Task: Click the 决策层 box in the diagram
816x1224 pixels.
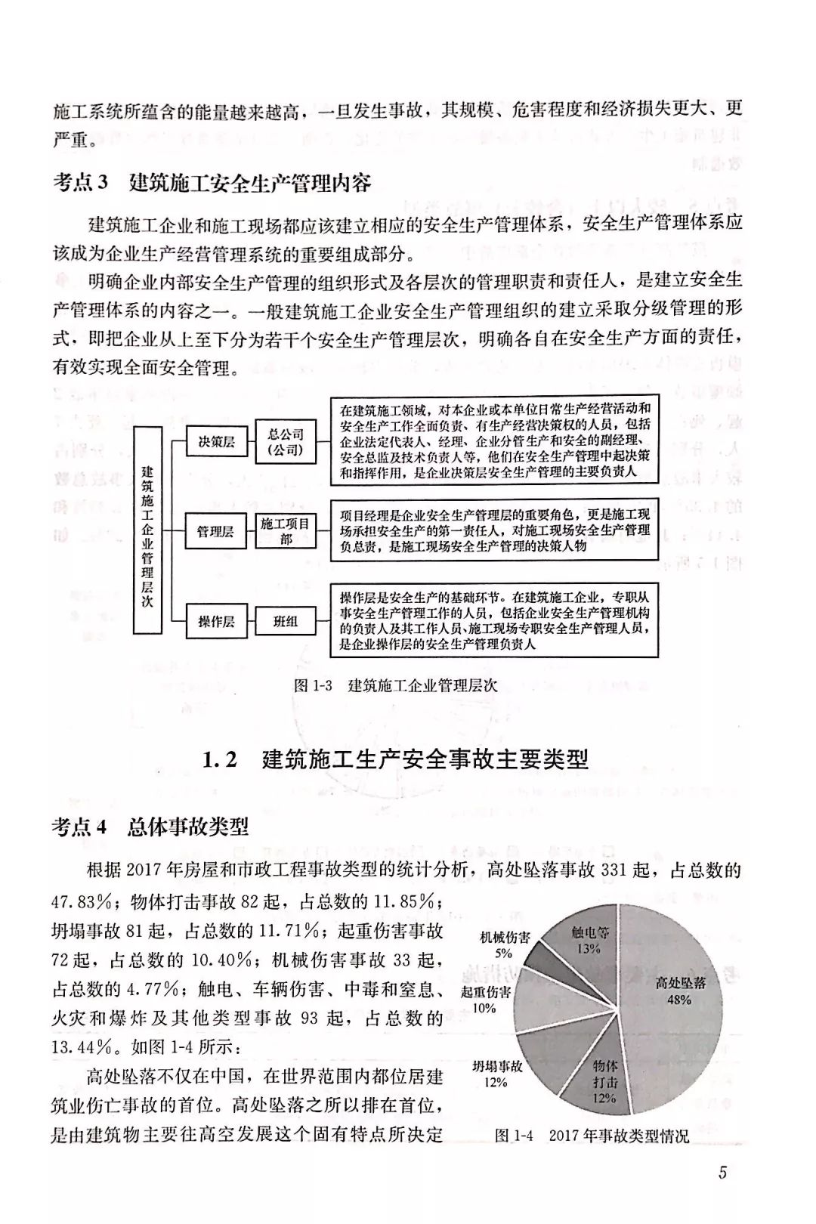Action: [216, 442]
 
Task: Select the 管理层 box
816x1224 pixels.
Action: [216, 532]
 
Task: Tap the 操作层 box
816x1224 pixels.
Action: [216, 622]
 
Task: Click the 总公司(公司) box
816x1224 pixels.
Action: [286, 442]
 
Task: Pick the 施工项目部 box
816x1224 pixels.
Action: [286, 531]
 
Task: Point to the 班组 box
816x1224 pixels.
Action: [286, 622]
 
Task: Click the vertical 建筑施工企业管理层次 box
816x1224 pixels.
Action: [147, 530]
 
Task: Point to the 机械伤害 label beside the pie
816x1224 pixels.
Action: [505, 938]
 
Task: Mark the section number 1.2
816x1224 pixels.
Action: [220, 759]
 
